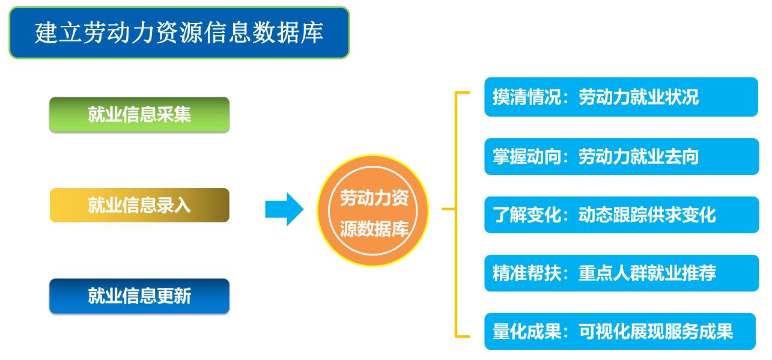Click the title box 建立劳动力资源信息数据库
(x=178, y=33)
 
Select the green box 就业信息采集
(x=139, y=114)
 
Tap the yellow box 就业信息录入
(x=139, y=205)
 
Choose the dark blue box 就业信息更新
(x=139, y=296)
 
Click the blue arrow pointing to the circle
(x=284, y=209)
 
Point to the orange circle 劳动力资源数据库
(x=373, y=211)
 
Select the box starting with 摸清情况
(x=621, y=97)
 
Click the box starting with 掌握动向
(x=621, y=156)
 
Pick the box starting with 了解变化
(x=621, y=215)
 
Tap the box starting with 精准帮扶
(x=621, y=273)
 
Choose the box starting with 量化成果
(x=621, y=332)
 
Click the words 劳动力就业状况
(x=639, y=97)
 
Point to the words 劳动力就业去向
(x=639, y=156)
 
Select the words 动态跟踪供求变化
(x=647, y=215)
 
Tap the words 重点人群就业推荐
(x=647, y=273)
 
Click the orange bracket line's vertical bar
(x=456, y=214)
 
